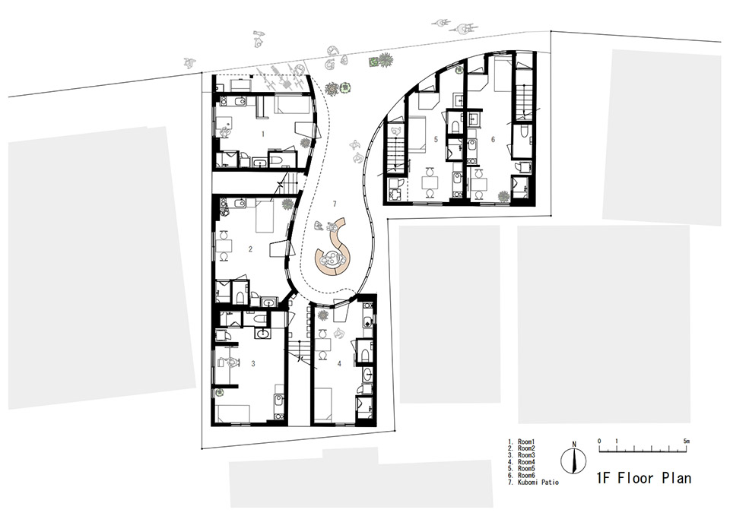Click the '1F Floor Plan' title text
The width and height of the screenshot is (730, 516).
(643, 479)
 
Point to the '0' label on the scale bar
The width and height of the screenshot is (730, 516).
(599, 441)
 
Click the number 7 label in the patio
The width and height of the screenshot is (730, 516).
(335, 204)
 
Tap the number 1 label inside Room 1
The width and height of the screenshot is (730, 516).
(263, 134)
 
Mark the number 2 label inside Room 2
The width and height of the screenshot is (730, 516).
(250, 248)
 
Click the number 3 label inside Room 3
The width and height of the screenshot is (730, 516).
(253, 365)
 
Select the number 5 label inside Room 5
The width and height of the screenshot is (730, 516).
(436, 140)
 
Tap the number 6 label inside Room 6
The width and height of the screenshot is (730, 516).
(493, 140)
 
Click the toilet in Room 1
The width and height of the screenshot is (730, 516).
(277, 160)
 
